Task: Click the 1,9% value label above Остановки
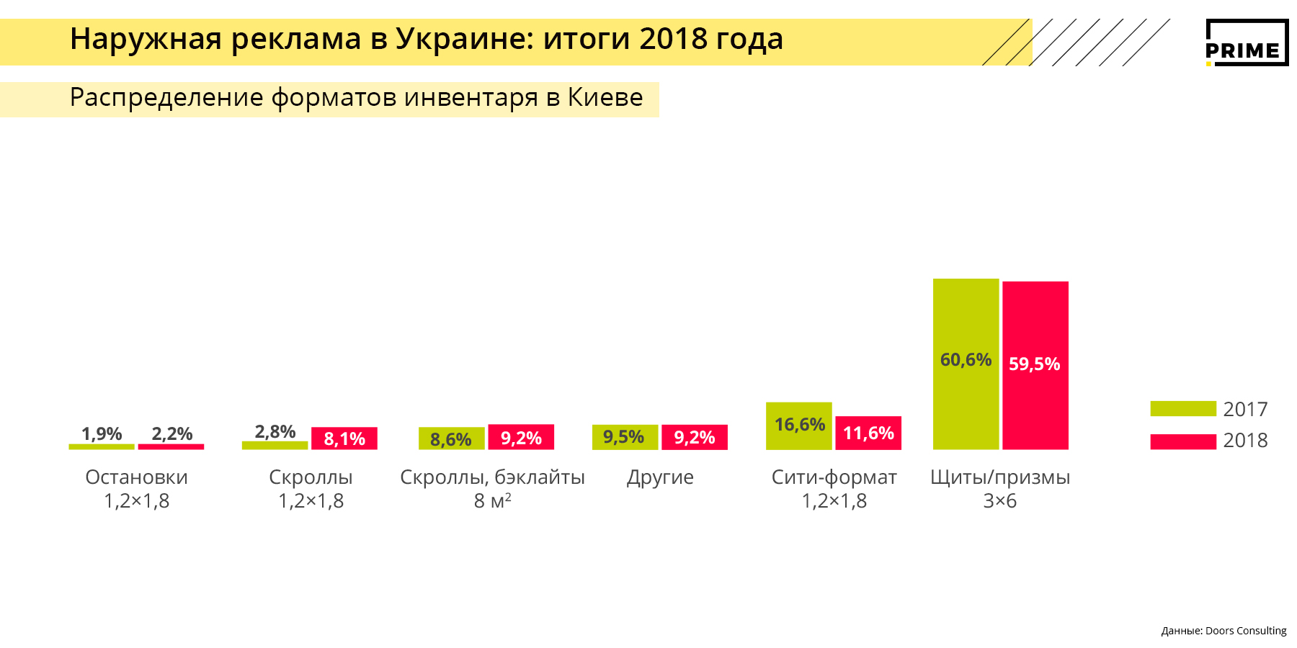102,433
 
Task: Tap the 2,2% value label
171,433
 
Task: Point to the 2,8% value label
275,431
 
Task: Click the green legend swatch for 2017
1182,409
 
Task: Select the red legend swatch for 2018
1182,441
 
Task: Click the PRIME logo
1246,43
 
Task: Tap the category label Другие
660,477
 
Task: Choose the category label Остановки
136,477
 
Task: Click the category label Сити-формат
834,477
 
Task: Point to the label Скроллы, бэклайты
492,477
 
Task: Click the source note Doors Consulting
1245,631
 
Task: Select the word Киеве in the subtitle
605,97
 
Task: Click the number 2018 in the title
672,39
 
